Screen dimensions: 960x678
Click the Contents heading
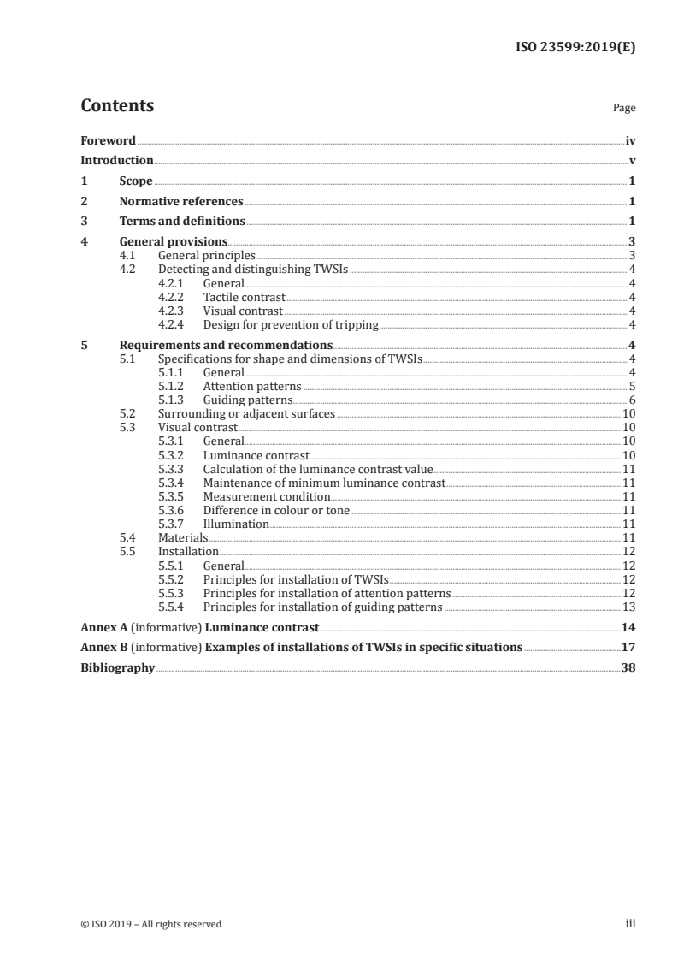click(117, 106)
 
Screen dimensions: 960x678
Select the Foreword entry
click(108, 140)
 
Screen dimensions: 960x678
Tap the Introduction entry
click(116, 161)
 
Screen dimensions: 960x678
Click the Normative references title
click(181, 202)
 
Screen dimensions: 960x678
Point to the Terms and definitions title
click(182, 222)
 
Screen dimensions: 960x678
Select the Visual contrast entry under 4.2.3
click(242, 311)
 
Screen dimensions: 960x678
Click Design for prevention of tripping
click(290, 325)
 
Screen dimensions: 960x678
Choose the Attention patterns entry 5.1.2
click(251, 387)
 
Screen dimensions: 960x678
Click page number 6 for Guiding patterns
click(631, 400)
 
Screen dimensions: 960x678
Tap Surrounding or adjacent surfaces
click(246, 414)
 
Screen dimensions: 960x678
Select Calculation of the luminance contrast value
click(318, 469)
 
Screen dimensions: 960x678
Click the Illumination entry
click(236, 524)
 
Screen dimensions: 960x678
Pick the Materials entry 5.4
click(183, 537)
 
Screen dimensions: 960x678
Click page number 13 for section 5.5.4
click(628, 607)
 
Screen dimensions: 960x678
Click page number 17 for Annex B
click(628, 648)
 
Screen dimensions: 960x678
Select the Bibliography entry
click(117, 667)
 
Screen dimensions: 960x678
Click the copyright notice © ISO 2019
click(150, 924)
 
